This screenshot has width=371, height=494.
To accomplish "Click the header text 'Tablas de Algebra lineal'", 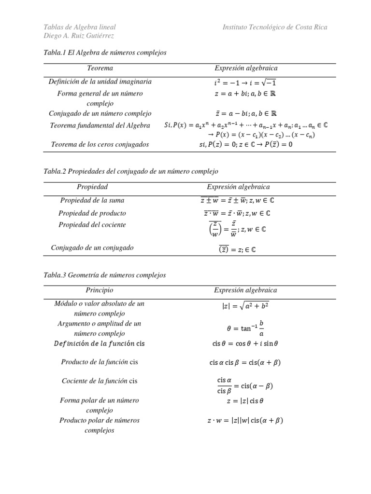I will coord(80,27).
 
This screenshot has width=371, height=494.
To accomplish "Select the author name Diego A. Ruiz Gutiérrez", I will coord(79,36).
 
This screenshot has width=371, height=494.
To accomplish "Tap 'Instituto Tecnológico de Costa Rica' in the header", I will coord(275,27).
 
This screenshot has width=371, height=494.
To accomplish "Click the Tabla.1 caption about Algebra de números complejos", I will coord(105,53).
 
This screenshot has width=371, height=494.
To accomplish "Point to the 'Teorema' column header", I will coord(100,69).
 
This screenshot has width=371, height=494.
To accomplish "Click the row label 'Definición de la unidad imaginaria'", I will coord(100,82).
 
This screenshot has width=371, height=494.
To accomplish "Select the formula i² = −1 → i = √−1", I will coord(245,82).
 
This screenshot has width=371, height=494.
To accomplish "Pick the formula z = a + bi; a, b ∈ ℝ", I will coord(245,94).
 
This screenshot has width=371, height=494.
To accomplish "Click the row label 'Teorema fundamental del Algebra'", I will coord(100,125).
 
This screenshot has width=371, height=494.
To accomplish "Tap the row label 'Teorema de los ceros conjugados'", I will coord(100,144).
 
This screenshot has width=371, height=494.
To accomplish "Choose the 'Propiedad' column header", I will coord(92,187).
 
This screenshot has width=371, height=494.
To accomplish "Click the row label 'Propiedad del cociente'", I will coord(92,225).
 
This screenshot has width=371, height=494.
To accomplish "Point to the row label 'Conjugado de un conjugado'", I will coord(92,247).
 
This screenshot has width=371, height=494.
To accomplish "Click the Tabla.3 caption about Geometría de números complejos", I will coord(105,275).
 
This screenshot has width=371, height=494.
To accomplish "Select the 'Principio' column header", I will coord(100,290).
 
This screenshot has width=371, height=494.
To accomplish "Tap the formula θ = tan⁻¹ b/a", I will coord(245,328).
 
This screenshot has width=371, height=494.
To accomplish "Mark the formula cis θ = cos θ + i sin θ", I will coord(245,344).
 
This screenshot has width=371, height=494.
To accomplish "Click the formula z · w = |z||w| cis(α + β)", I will coord(245,420).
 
